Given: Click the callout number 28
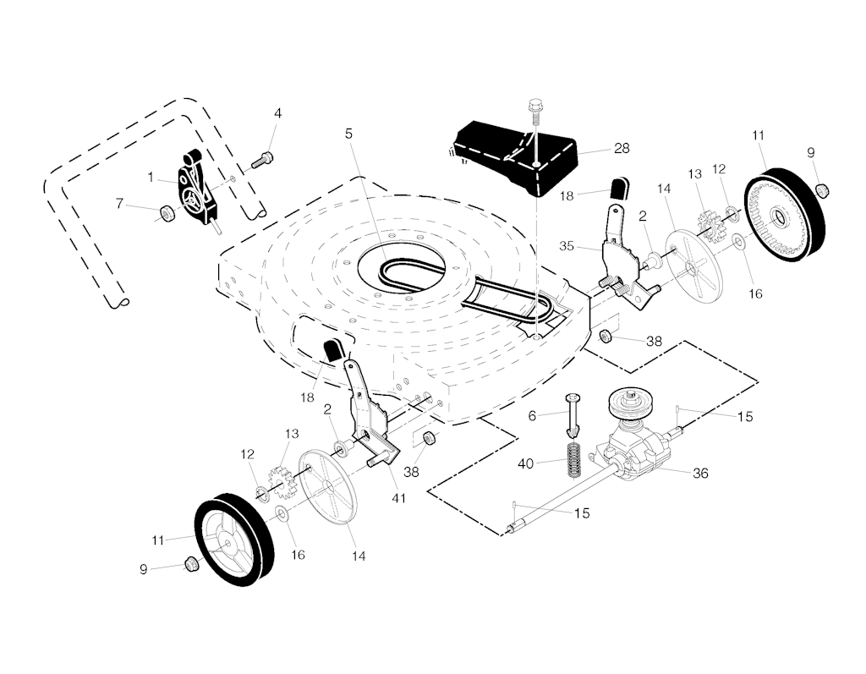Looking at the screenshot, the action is pyautogui.click(x=622, y=149).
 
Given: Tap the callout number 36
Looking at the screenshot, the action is pyautogui.click(x=700, y=474).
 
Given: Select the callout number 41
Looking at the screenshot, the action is pyautogui.click(x=398, y=498).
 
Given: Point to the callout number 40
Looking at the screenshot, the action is pyautogui.click(x=526, y=463).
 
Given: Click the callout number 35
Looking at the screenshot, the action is pyautogui.click(x=567, y=246).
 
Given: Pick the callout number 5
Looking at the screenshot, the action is pyautogui.click(x=348, y=134).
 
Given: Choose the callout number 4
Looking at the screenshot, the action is pyautogui.click(x=277, y=113).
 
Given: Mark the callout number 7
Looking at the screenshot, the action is pyautogui.click(x=119, y=204).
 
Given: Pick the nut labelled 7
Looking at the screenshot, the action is pyautogui.click(x=166, y=213).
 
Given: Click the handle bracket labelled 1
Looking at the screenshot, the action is pyautogui.click(x=196, y=188).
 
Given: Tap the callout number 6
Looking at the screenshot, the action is pyautogui.click(x=532, y=415).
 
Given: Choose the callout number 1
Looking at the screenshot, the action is pyautogui.click(x=150, y=178).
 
